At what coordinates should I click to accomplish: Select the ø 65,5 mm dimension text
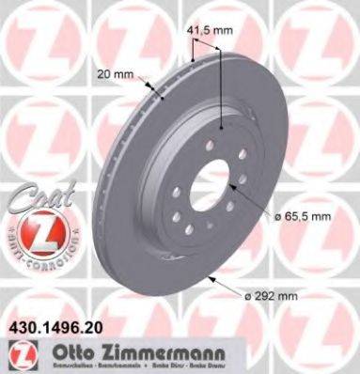(x=305, y=216)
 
